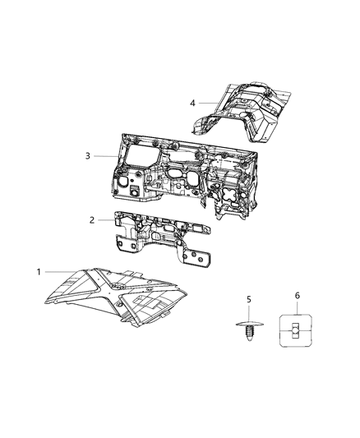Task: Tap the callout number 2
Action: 93,219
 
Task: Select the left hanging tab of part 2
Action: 123,242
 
